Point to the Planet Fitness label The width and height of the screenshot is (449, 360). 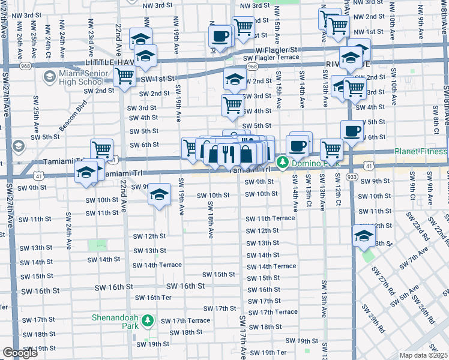[420, 152]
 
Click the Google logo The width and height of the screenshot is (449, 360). [20, 353]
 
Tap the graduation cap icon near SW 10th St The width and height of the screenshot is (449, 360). [159, 194]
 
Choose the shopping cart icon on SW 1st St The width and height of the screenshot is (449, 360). [124, 76]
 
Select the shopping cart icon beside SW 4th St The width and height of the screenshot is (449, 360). [232, 104]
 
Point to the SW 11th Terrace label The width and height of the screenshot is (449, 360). [270, 218]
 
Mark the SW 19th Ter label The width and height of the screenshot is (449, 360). [268, 352]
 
